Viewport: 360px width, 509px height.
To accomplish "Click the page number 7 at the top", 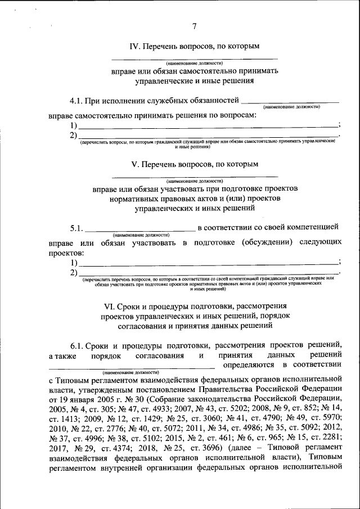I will tap(194, 26).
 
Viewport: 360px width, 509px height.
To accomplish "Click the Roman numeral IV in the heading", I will tap(134, 46).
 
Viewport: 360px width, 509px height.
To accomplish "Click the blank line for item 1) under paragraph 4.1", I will tap(208, 127).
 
